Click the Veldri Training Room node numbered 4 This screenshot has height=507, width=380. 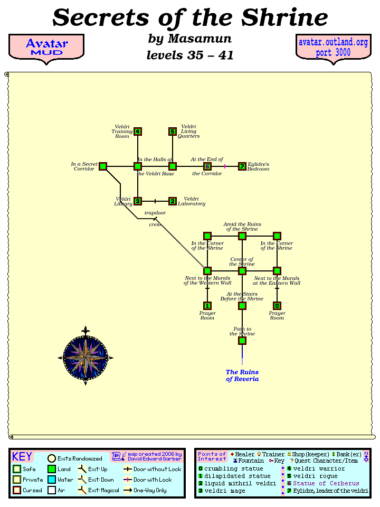138,132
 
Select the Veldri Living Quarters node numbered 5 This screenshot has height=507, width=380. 172,132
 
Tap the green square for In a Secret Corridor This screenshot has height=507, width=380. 103,166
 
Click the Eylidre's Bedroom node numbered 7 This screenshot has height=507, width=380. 242,166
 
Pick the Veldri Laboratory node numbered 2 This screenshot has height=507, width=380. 172,201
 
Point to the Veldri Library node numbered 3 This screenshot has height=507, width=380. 138,201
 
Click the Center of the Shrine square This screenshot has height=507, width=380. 242,271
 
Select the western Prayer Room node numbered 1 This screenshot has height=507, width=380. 207,306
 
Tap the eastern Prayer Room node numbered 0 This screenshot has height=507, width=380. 277,306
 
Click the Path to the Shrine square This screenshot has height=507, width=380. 242,341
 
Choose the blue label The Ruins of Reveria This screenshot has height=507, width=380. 242,375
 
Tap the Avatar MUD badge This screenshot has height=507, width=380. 46,48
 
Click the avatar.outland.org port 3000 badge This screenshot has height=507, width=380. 333,48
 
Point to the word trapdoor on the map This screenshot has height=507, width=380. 155,213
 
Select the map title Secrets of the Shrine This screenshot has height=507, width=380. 190,18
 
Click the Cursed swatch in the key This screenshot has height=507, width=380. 17,491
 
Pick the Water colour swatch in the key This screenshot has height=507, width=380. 52,480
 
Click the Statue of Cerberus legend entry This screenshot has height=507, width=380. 326,483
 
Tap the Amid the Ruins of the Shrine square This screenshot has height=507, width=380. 242,236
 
